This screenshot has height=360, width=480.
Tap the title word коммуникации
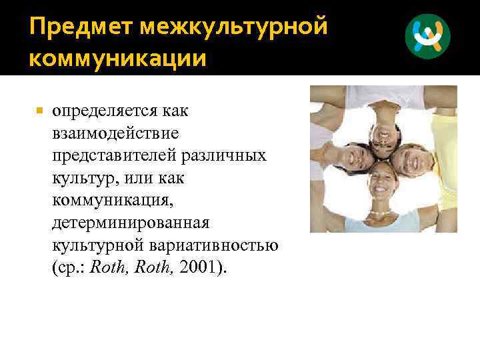117,59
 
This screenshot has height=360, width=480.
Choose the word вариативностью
223,245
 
